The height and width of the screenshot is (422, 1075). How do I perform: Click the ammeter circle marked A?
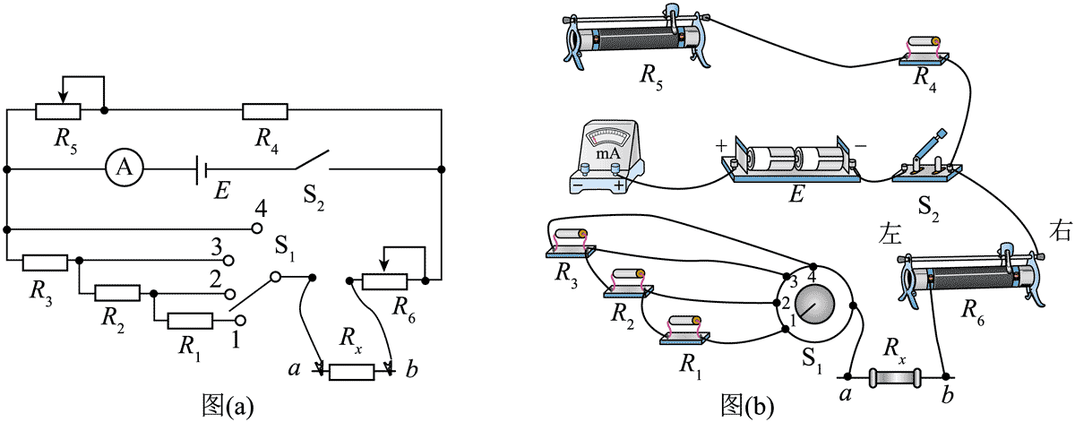point(126,168)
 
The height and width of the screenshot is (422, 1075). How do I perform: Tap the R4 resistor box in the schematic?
point(265,111)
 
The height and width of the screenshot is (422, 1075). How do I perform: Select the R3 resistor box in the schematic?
point(45,261)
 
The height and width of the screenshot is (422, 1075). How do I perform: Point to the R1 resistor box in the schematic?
point(190,321)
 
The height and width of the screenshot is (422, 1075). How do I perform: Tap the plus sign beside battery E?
point(718,145)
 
